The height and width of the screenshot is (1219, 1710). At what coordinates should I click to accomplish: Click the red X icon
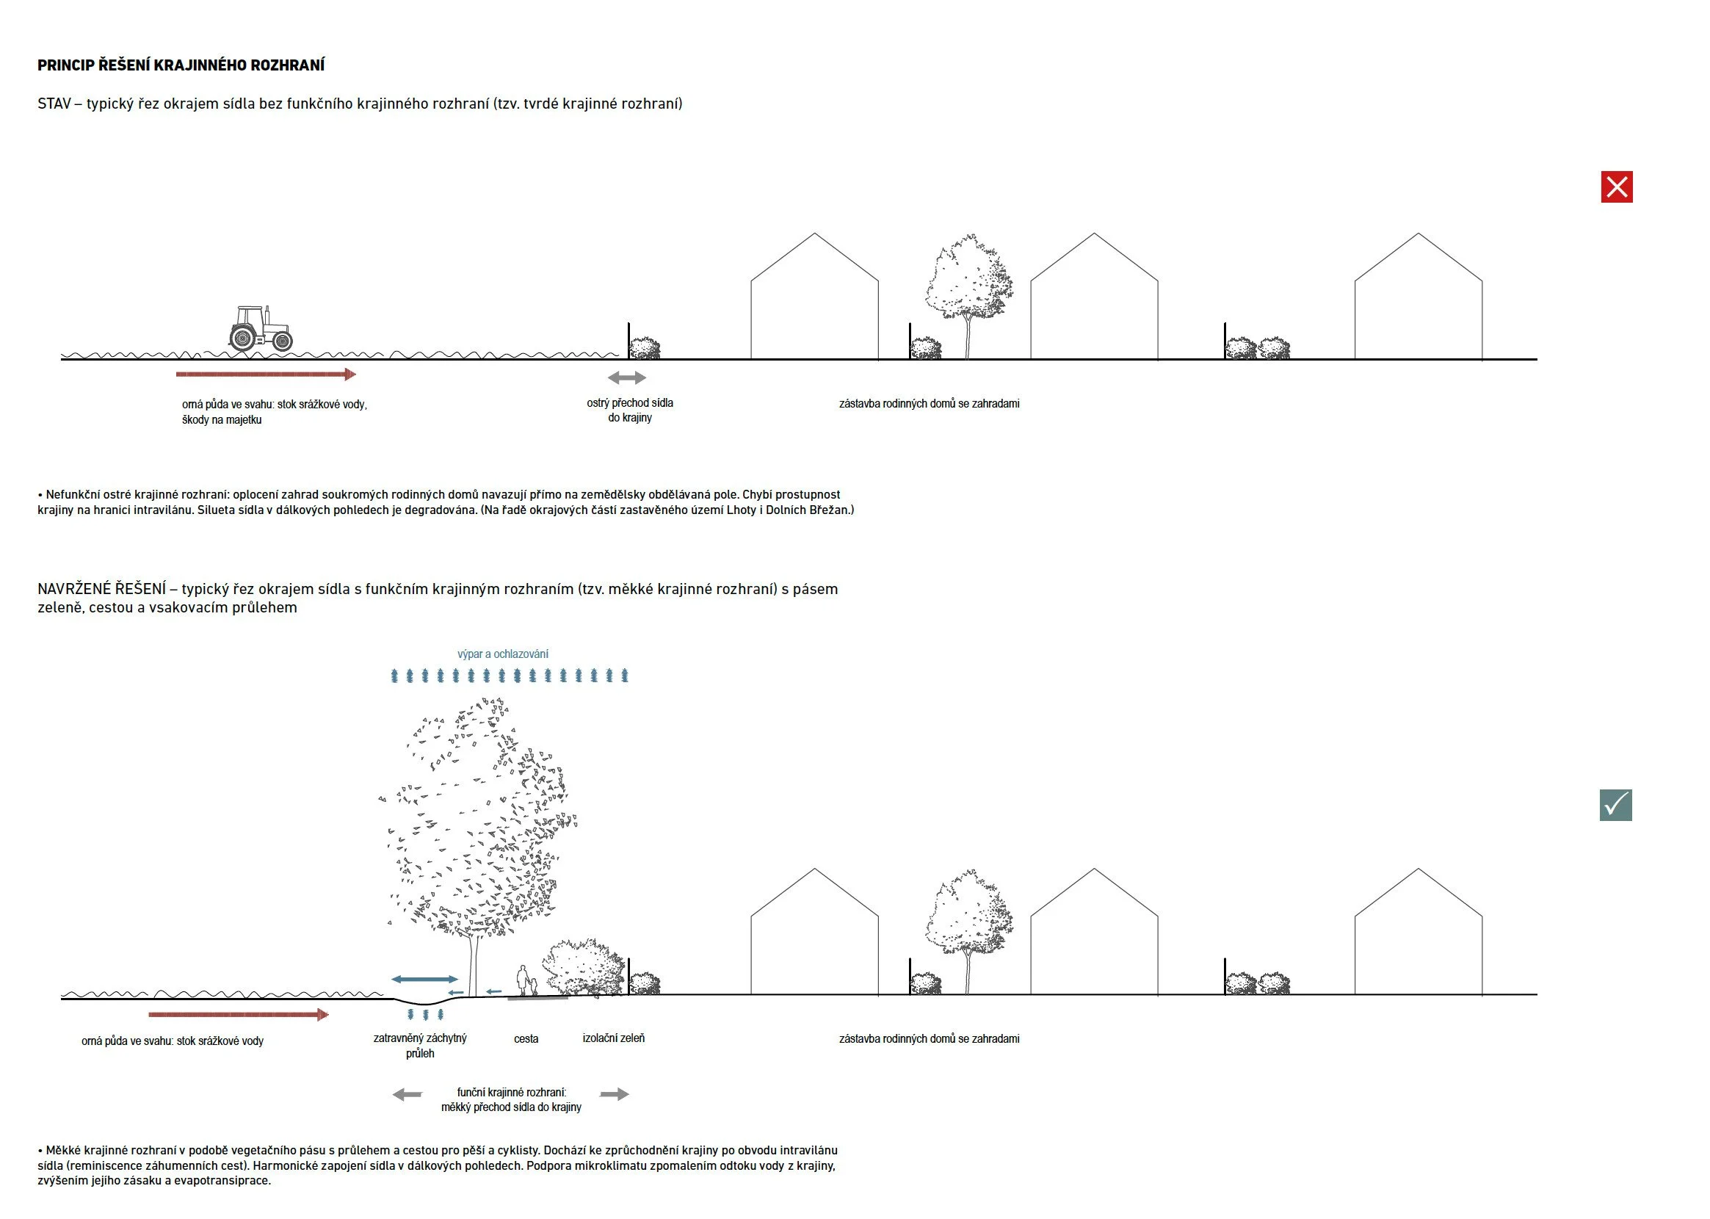click(x=1616, y=187)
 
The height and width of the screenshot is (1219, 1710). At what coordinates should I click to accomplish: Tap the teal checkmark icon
click(x=1615, y=805)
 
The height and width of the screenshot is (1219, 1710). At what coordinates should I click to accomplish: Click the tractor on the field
click(x=261, y=329)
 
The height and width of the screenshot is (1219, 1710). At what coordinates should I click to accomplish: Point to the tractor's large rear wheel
click(x=243, y=338)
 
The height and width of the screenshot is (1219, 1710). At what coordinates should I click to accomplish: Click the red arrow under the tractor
click(x=266, y=374)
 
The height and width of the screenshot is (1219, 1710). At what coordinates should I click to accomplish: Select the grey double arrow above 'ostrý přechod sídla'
click(x=626, y=377)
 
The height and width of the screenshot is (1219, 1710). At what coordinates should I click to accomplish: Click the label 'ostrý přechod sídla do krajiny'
click(x=629, y=410)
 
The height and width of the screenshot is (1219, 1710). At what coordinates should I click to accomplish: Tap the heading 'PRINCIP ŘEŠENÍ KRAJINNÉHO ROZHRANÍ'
click(x=181, y=65)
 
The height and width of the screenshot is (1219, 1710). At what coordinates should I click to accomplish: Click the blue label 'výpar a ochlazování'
click(x=503, y=654)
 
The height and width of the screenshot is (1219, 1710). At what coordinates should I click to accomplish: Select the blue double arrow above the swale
click(x=424, y=979)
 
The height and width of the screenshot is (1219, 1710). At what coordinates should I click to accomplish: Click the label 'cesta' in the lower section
click(x=526, y=1039)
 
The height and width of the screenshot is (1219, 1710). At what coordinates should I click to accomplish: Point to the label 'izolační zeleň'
click(x=613, y=1038)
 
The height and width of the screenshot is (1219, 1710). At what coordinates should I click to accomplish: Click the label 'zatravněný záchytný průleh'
click(x=420, y=1046)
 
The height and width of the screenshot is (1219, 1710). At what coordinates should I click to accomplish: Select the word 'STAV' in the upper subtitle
click(x=54, y=104)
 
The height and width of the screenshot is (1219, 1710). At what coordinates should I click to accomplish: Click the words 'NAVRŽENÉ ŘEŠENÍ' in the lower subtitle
click(x=101, y=589)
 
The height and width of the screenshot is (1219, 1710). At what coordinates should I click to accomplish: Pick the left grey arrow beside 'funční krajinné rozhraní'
click(x=407, y=1094)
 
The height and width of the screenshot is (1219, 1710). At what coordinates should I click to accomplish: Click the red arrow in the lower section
click(x=239, y=1015)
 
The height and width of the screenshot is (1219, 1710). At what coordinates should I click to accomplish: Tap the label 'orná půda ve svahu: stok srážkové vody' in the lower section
click(x=173, y=1041)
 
